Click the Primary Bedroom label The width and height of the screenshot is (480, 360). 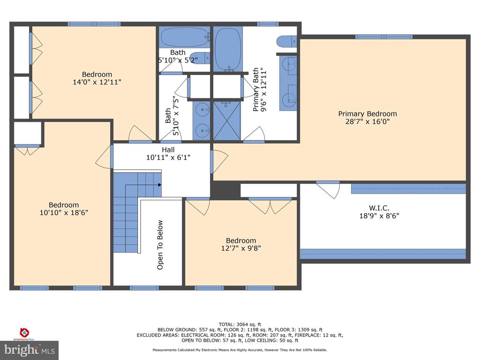point(367,113)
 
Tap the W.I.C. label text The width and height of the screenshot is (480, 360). point(379,208)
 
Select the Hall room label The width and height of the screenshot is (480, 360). point(168,150)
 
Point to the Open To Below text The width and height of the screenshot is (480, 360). point(160,245)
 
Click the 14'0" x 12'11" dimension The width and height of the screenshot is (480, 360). point(97,82)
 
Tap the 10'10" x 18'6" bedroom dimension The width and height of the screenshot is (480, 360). point(64,212)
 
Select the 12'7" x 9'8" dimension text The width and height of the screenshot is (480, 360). point(241,248)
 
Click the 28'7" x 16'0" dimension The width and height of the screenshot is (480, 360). point(367,121)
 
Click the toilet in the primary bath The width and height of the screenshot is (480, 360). point(286,41)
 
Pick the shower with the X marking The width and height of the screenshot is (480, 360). point(227,121)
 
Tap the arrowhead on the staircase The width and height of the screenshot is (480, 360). point(159,185)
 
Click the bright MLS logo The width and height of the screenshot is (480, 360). point(29,350)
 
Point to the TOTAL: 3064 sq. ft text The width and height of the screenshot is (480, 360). point(240,324)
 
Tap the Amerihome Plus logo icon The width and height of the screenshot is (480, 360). point(24,332)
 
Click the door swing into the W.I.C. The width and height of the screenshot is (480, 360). point(328,190)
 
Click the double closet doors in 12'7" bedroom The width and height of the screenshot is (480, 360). point(270,206)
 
